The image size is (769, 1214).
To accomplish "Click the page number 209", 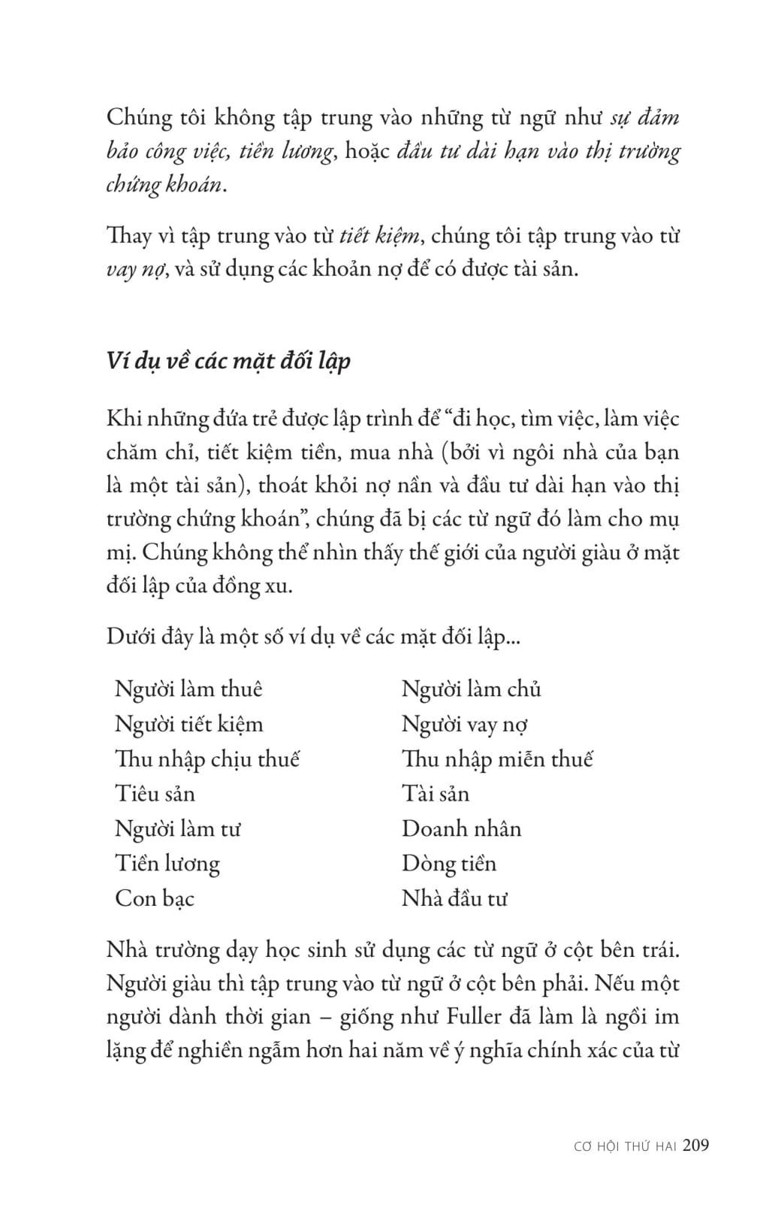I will (695, 1146).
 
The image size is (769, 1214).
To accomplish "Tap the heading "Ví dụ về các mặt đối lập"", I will (228, 361).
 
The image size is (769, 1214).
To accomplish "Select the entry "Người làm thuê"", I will (188, 689).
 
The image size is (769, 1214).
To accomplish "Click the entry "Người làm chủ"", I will (471, 689).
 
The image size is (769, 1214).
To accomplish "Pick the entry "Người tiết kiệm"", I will (188, 725).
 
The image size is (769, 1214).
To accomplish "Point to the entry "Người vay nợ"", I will (464, 725).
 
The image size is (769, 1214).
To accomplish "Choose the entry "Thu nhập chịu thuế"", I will (207, 759).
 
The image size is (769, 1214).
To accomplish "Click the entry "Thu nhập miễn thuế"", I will (497, 759).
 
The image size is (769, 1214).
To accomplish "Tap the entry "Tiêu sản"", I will (155, 794).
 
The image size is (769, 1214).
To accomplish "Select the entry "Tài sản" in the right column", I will (435, 794).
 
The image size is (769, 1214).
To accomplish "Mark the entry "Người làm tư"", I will (177, 829).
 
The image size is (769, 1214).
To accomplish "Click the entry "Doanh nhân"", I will (461, 829).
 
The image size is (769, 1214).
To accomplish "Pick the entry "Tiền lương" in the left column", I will (167, 864).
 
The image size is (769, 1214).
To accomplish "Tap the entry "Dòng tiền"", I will (448, 864).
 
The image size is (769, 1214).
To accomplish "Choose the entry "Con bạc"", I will (154, 898).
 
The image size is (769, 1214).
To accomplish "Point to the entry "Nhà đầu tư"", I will (454, 898).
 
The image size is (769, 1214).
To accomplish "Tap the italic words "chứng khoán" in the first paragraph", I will (164, 185).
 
